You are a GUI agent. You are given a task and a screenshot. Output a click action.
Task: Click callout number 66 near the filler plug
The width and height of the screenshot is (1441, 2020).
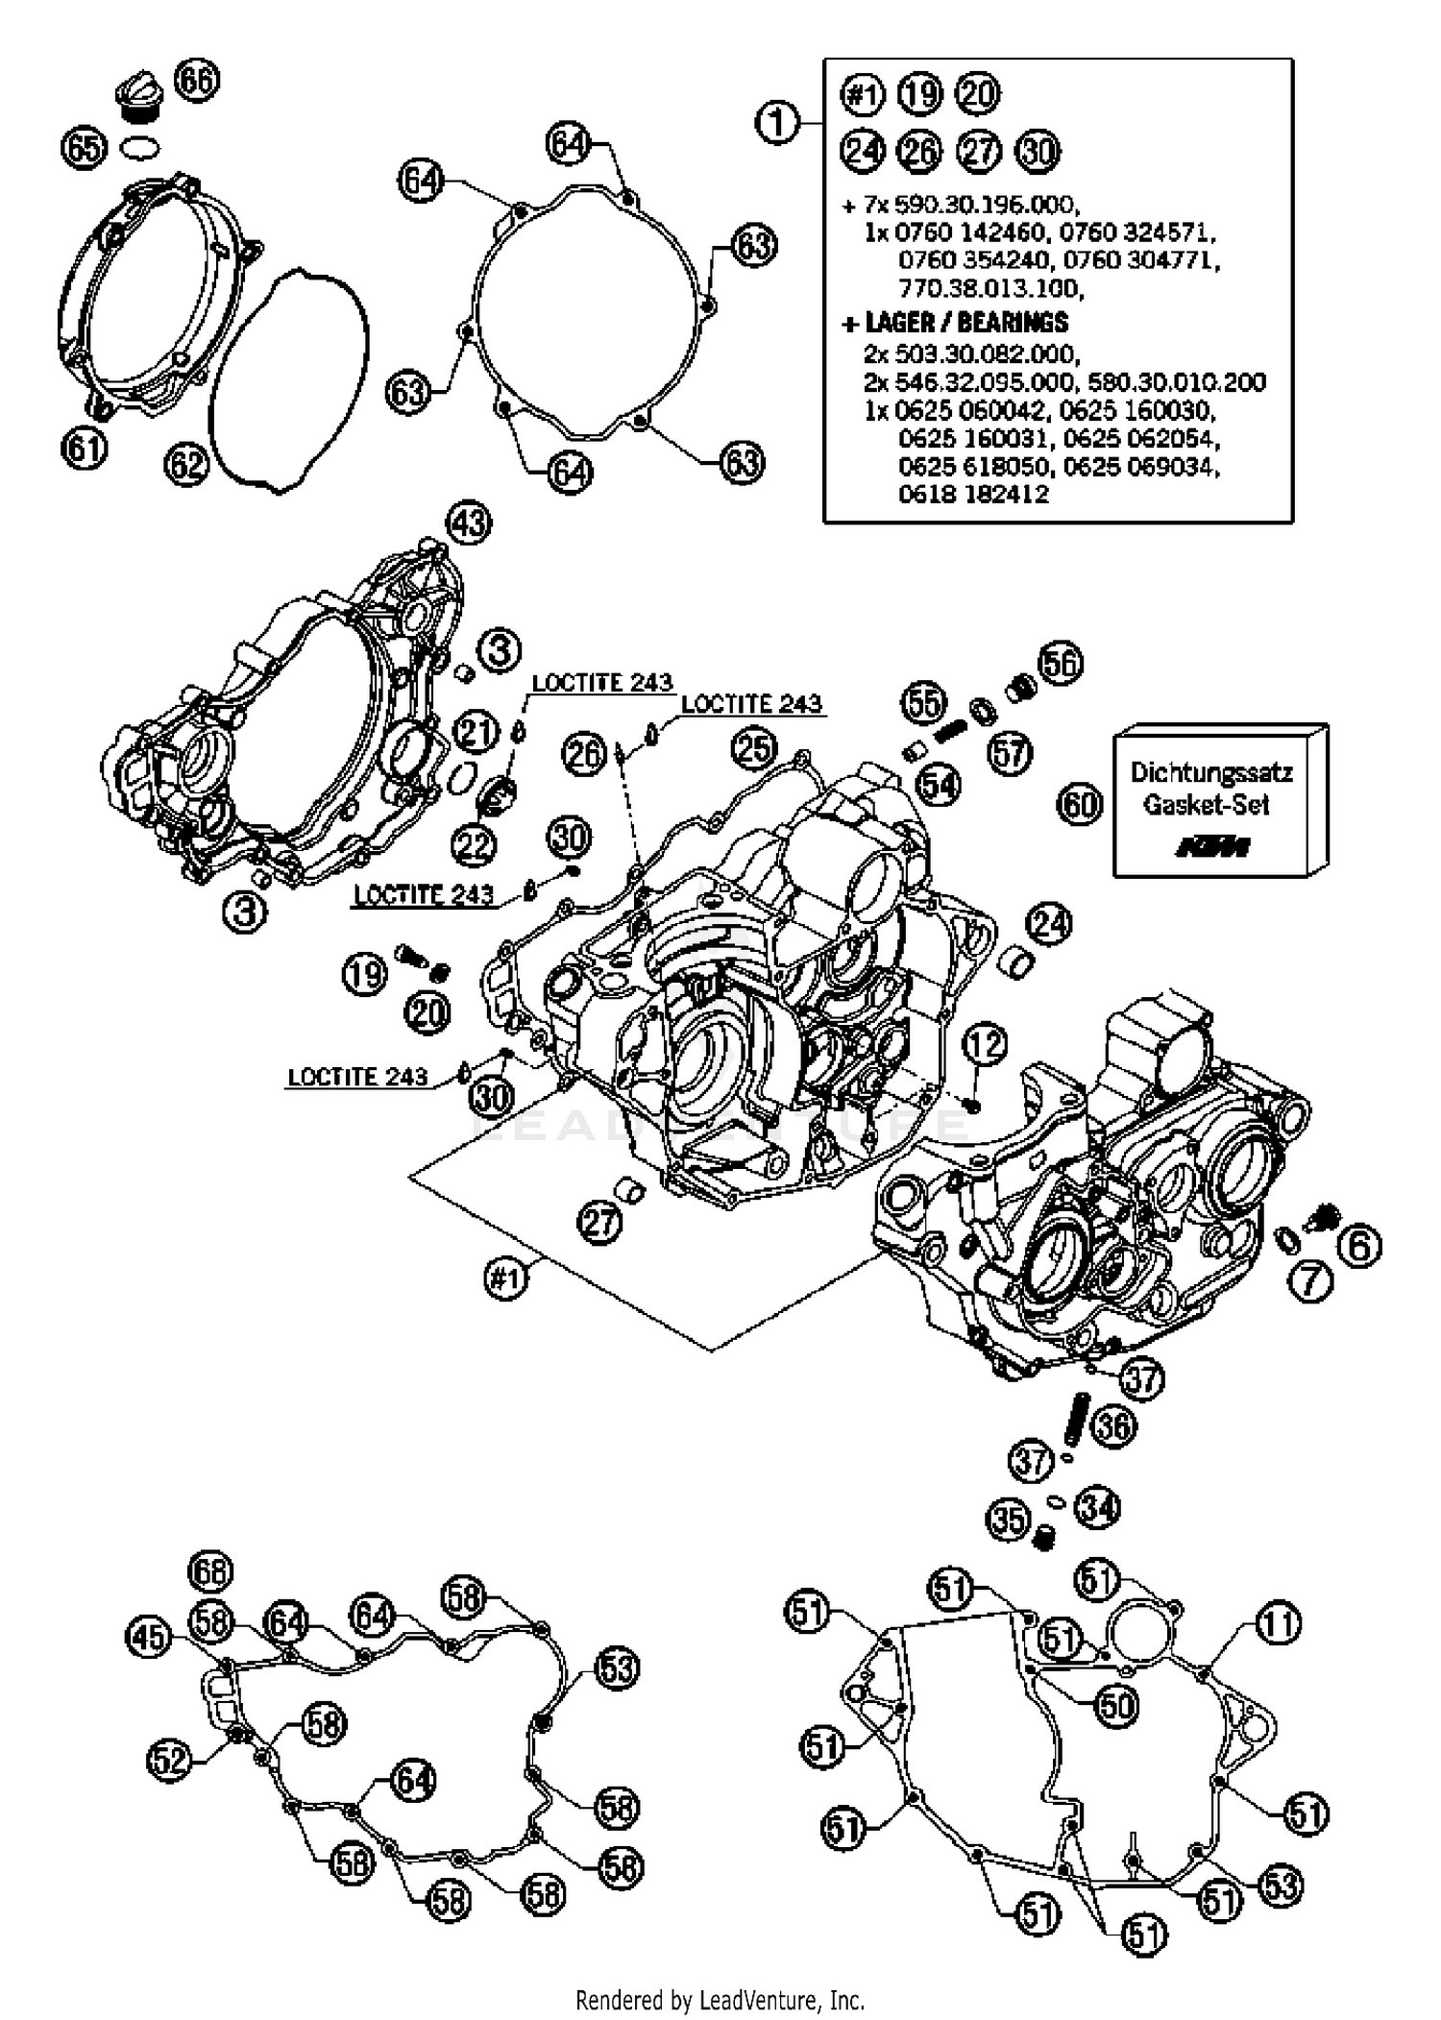tap(197, 80)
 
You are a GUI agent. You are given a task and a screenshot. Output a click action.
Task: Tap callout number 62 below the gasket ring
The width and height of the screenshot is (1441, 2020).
tap(186, 465)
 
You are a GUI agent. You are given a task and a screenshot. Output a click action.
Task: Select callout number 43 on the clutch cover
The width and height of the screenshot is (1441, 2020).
tap(469, 523)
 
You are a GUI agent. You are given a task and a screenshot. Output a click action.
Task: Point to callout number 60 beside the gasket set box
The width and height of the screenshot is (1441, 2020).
tap(1080, 803)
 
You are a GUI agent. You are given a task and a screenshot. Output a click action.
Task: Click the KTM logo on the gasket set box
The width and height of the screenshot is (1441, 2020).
tap(1212, 847)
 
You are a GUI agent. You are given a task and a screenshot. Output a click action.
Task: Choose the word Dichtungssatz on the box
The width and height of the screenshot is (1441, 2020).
tap(1210, 772)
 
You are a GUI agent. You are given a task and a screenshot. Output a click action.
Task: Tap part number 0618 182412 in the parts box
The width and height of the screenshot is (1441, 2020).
tap(973, 495)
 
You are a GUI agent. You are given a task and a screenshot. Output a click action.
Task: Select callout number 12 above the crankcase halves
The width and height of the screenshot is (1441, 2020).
tap(985, 1044)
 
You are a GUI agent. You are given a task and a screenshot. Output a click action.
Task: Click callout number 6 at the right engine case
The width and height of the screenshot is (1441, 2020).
tap(1358, 1246)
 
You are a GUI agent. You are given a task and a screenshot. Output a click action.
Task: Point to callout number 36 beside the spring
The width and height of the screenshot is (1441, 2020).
tap(1112, 1426)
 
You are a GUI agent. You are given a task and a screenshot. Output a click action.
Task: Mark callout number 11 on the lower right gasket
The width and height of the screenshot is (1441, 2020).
tap(1279, 1624)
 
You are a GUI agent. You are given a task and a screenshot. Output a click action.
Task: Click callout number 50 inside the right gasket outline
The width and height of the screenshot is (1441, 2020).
tap(1116, 1706)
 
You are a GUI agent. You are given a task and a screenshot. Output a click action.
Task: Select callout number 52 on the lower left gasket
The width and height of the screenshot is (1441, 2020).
tap(170, 1760)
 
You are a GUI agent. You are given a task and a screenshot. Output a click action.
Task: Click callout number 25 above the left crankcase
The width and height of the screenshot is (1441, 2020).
tap(753, 748)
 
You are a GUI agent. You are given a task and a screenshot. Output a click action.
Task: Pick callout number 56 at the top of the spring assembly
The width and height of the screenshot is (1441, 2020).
tap(1060, 664)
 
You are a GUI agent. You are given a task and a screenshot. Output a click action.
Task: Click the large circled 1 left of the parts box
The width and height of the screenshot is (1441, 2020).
tap(777, 123)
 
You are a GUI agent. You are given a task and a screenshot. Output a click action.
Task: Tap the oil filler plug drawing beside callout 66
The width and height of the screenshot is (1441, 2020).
tap(136, 98)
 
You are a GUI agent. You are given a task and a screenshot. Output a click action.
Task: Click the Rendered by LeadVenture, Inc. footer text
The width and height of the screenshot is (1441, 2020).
tap(720, 2001)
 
